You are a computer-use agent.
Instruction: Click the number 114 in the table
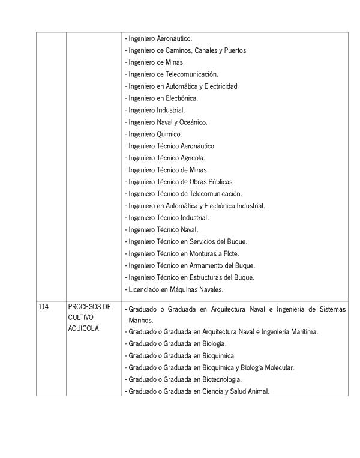point(43,307)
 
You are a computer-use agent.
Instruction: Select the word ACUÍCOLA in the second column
point(85,328)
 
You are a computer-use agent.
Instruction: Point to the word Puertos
point(235,50)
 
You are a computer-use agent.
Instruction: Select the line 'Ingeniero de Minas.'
point(155,62)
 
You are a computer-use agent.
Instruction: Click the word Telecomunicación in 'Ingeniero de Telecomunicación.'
point(191,74)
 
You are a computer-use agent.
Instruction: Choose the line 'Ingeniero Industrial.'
point(155,110)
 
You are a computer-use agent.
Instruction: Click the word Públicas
point(220,182)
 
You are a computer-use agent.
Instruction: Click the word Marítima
point(303,331)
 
